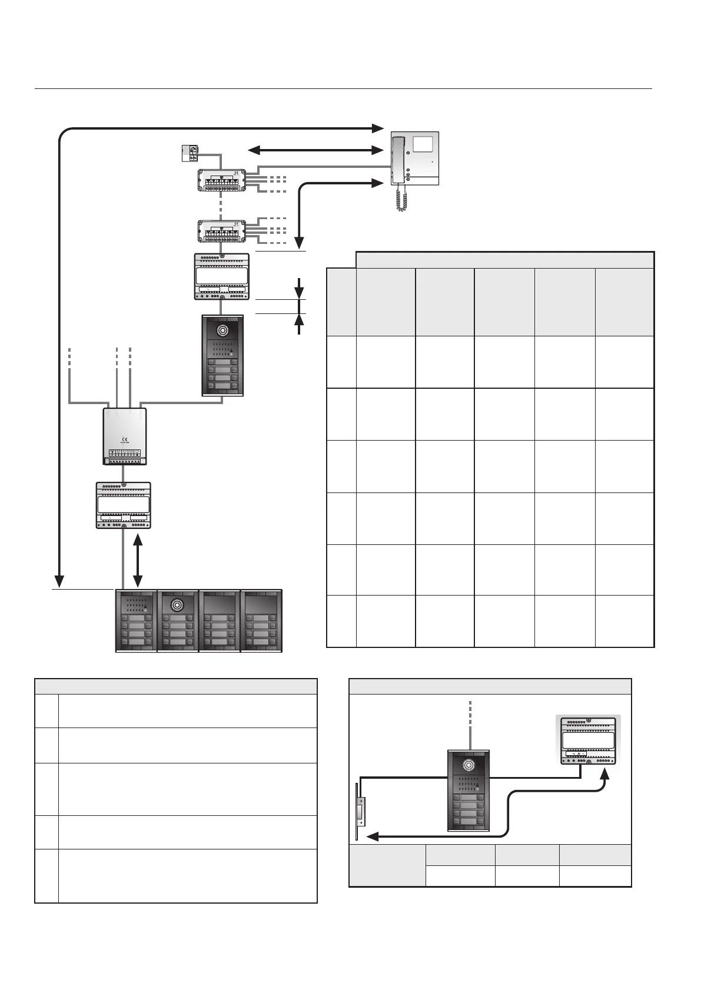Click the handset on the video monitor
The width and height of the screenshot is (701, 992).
click(x=400, y=158)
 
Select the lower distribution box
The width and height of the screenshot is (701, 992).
click(x=221, y=232)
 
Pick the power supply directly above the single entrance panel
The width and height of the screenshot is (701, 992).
click(x=221, y=276)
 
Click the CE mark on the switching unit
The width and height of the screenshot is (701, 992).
click(x=124, y=438)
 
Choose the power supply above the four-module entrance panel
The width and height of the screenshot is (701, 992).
click(x=124, y=505)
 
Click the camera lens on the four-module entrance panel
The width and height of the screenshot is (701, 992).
click(x=178, y=604)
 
